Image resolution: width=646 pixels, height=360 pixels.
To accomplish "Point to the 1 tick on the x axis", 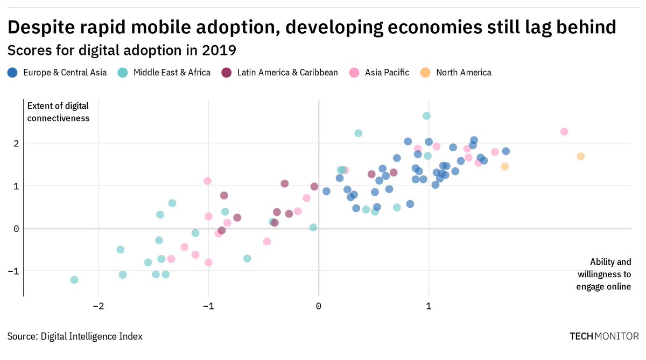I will pyautogui.click(x=429, y=307).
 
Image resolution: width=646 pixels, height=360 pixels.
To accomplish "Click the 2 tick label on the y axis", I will pyautogui.click(x=16, y=143).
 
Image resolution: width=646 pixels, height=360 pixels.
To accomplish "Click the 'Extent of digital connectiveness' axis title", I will pyautogui.click(x=58, y=111).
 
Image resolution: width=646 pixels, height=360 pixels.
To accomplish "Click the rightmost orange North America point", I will pyautogui.click(x=580, y=156).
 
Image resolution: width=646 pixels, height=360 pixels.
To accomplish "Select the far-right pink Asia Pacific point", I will pyautogui.click(x=564, y=131).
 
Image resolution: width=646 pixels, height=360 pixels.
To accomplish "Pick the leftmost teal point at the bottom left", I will pyautogui.click(x=74, y=280).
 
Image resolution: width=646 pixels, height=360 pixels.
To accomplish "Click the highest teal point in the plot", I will pyautogui.click(x=426, y=116).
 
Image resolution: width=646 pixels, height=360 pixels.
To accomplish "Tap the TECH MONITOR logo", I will pyautogui.click(x=605, y=336).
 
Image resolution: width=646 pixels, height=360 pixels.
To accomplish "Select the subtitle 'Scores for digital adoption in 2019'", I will pyautogui.click(x=122, y=51).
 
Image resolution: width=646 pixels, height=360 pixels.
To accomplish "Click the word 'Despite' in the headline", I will pyautogui.click(x=41, y=26).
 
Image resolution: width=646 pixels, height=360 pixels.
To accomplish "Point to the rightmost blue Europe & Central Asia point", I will pyautogui.click(x=505, y=151).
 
